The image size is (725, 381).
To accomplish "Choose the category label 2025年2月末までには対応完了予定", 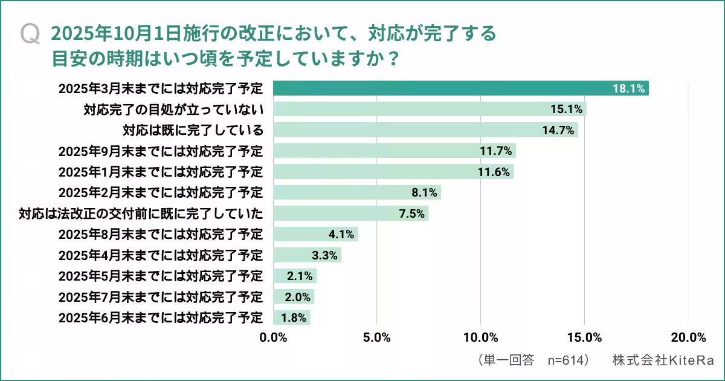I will [x=161, y=193].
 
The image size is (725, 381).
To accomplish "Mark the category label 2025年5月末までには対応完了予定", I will [x=161, y=276].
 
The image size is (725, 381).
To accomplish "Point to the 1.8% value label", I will [x=292, y=317].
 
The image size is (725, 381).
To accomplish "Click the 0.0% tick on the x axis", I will [x=273, y=337].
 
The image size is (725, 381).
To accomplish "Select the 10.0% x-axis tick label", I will [x=480, y=337].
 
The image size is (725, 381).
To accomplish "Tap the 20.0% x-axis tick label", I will [x=688, y=337].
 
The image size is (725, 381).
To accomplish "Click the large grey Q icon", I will [x=30, y=34].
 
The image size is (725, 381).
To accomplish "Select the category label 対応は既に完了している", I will [x=193, y=130].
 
